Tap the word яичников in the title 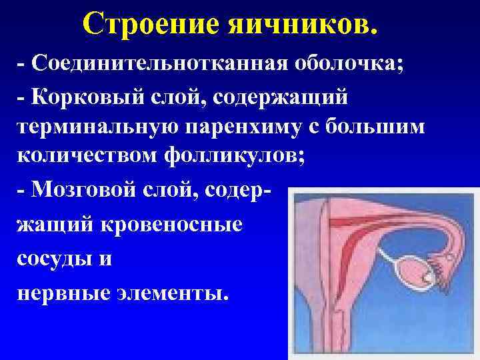[284, 24]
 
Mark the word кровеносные [172, 225]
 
